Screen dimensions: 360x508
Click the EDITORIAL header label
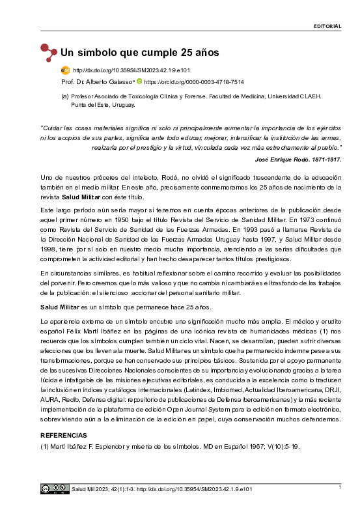[x=327, y=27]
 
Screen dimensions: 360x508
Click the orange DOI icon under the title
[x=65, y=70]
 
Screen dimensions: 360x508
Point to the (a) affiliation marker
[x=64, y=96]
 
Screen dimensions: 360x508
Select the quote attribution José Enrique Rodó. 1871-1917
[x=297, y=159]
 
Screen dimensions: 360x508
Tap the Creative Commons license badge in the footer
[x=54, y=488]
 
